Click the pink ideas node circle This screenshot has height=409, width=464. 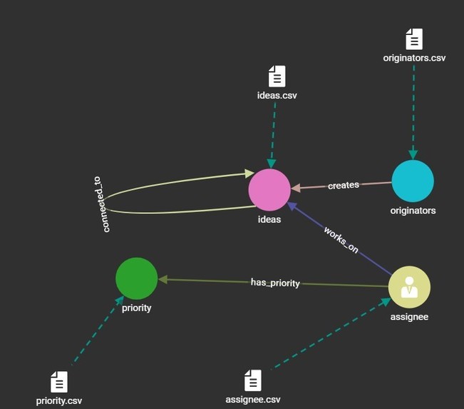click(269, 191)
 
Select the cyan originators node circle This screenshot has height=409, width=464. click(413, 181)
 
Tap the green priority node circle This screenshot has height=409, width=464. click(136, 278)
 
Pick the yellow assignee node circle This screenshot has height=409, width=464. click(409, 286)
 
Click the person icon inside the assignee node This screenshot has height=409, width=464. click(409, 286)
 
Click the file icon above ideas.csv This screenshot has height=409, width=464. click(277, 76)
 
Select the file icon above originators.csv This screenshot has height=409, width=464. click(413, 39)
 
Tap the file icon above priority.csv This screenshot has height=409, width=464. click(59, 382)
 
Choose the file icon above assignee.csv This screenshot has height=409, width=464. click(253, 380)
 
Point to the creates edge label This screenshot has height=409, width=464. click(344, 186)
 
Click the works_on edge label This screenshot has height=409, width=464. click(341, 240)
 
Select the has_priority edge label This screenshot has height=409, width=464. click(275, 283)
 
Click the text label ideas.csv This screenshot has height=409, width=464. click(277, 95)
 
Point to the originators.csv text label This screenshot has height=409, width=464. click(414, 58)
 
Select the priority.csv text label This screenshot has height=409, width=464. click(59, 400)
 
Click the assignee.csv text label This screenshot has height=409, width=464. click(253, 399)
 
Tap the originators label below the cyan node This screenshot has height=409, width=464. click(413, 211)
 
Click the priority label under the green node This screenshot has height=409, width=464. click(136, 308)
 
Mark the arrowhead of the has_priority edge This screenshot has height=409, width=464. click(163, 280)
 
